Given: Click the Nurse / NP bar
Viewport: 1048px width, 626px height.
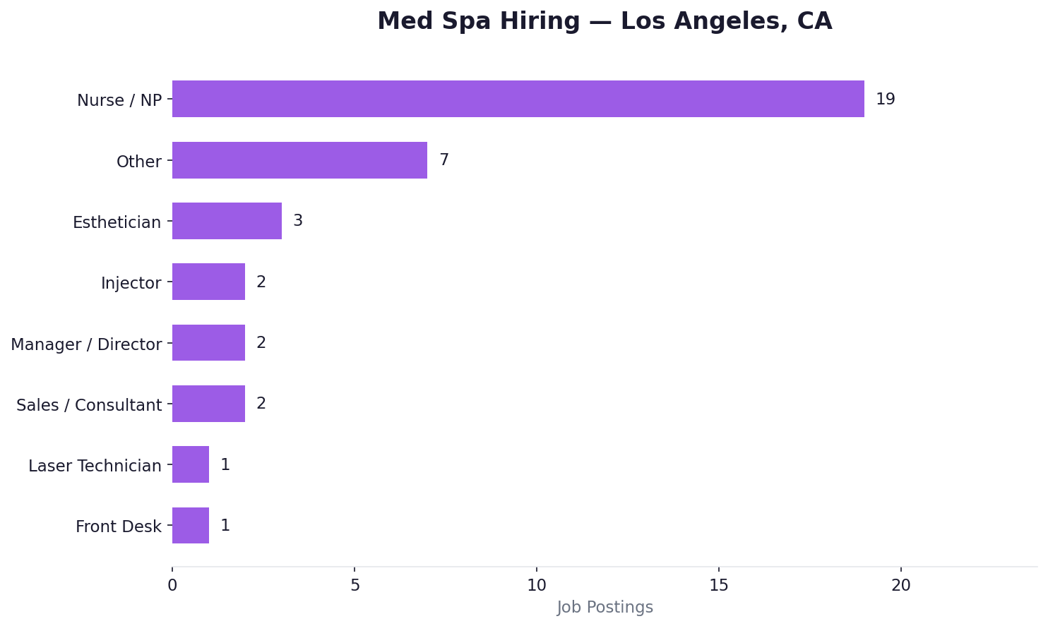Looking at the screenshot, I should pyautogui.click(x=518, y=99).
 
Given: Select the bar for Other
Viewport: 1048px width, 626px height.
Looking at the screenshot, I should pyautogui.click(x=299, y=160).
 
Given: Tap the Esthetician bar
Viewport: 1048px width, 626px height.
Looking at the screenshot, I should pyautogui.click(x=227, y=221).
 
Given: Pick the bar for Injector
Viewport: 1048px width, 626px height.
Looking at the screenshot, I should pyautogui.click(x=208, y=282).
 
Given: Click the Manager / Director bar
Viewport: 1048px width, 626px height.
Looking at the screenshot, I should pyautogui.click(x=208, y=343).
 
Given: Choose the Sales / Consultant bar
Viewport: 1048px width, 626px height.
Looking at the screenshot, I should pyautogui.click(x=208, y=404).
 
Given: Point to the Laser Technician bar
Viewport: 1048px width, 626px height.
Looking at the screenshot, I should pyautogui.click(x=191, y=464).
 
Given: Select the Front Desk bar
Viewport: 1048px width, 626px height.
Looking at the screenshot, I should pyautogui.click(x=191, y=526).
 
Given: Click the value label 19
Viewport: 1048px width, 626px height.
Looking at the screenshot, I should pyautogui.click(x=885, y=100).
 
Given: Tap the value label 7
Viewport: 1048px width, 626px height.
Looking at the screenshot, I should pyautogui.click(x=443, y=160).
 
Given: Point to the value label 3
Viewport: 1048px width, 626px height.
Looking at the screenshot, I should pyautogui.click(x=297, y=221).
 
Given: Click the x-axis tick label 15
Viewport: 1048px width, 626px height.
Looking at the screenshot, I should pyautogui.click(x=718, y=586).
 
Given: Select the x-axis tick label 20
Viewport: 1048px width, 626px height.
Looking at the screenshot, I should pyautogui.click(x=900, y=586).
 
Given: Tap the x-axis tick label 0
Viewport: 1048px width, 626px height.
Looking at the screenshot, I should pyautogui.click(x=172, y=586).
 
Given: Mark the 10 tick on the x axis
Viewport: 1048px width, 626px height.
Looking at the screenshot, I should pyautogui.click(x=536, y=586).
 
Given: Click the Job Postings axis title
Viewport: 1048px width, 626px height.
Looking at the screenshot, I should pyautogui.click(x=605, y=608).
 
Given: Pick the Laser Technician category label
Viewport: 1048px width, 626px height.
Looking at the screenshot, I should pyautogui.click(x=95, y=466).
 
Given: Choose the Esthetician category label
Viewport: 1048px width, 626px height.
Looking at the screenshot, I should pyautogui.click(x=117, y=222).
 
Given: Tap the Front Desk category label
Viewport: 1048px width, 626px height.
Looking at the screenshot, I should pyautogui.click(x=118, y=526).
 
